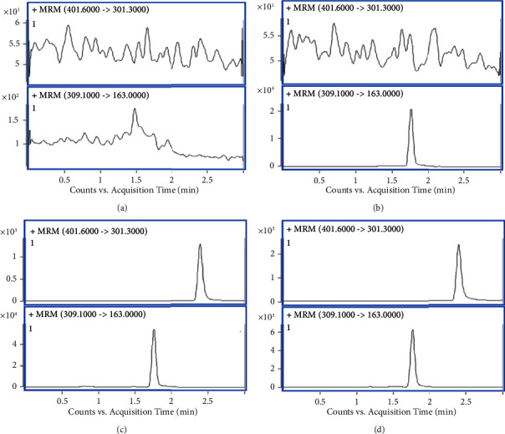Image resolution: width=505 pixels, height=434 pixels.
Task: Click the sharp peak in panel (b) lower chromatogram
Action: coord(411,110)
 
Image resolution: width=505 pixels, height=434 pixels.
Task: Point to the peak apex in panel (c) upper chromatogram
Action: coord(200,244)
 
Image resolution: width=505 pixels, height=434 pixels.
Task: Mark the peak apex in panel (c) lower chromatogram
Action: coord(154,329)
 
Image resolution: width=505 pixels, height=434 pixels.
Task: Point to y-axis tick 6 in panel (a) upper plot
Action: coord(21,23)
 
